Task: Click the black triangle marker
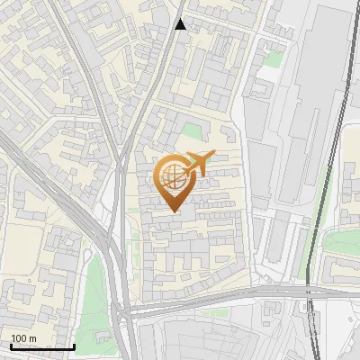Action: [x=181, y=24]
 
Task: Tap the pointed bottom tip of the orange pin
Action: [x=172, y=211]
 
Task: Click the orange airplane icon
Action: [x=197, y=164]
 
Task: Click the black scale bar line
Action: [x=42, y=346]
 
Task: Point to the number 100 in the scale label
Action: [x=21, y=338]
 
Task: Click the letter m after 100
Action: [x=33, y=338]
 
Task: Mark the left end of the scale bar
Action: [x=10, y=346]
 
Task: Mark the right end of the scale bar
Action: [x=75, y=346]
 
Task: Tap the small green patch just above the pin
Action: [x=190, y=132]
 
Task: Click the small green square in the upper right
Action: [x=274, y=58]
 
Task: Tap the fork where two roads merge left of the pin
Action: [x=117, y=171]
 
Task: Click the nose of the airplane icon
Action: [x=212, y=156]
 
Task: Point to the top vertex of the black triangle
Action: [x=181, y=18]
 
